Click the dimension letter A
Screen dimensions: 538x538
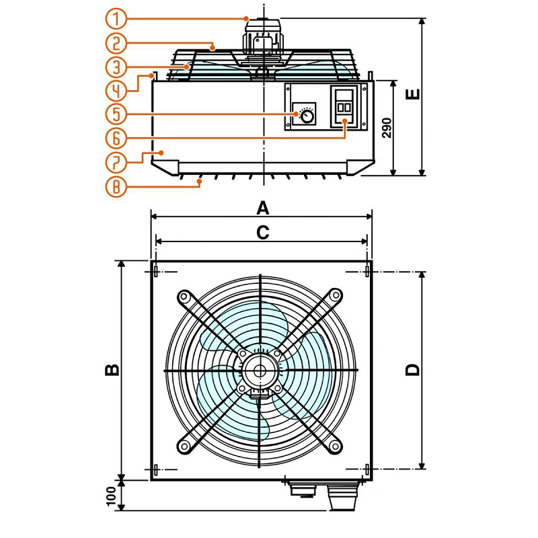(x=263, y=206)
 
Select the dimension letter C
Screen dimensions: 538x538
(x=263, y=232)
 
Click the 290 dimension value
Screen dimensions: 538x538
(x=386, y=127)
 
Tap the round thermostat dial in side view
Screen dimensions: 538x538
(x=307, y=117)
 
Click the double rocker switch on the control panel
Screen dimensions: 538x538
(x=344, y=107)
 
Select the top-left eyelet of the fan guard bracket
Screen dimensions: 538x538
(x=182, y=296)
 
